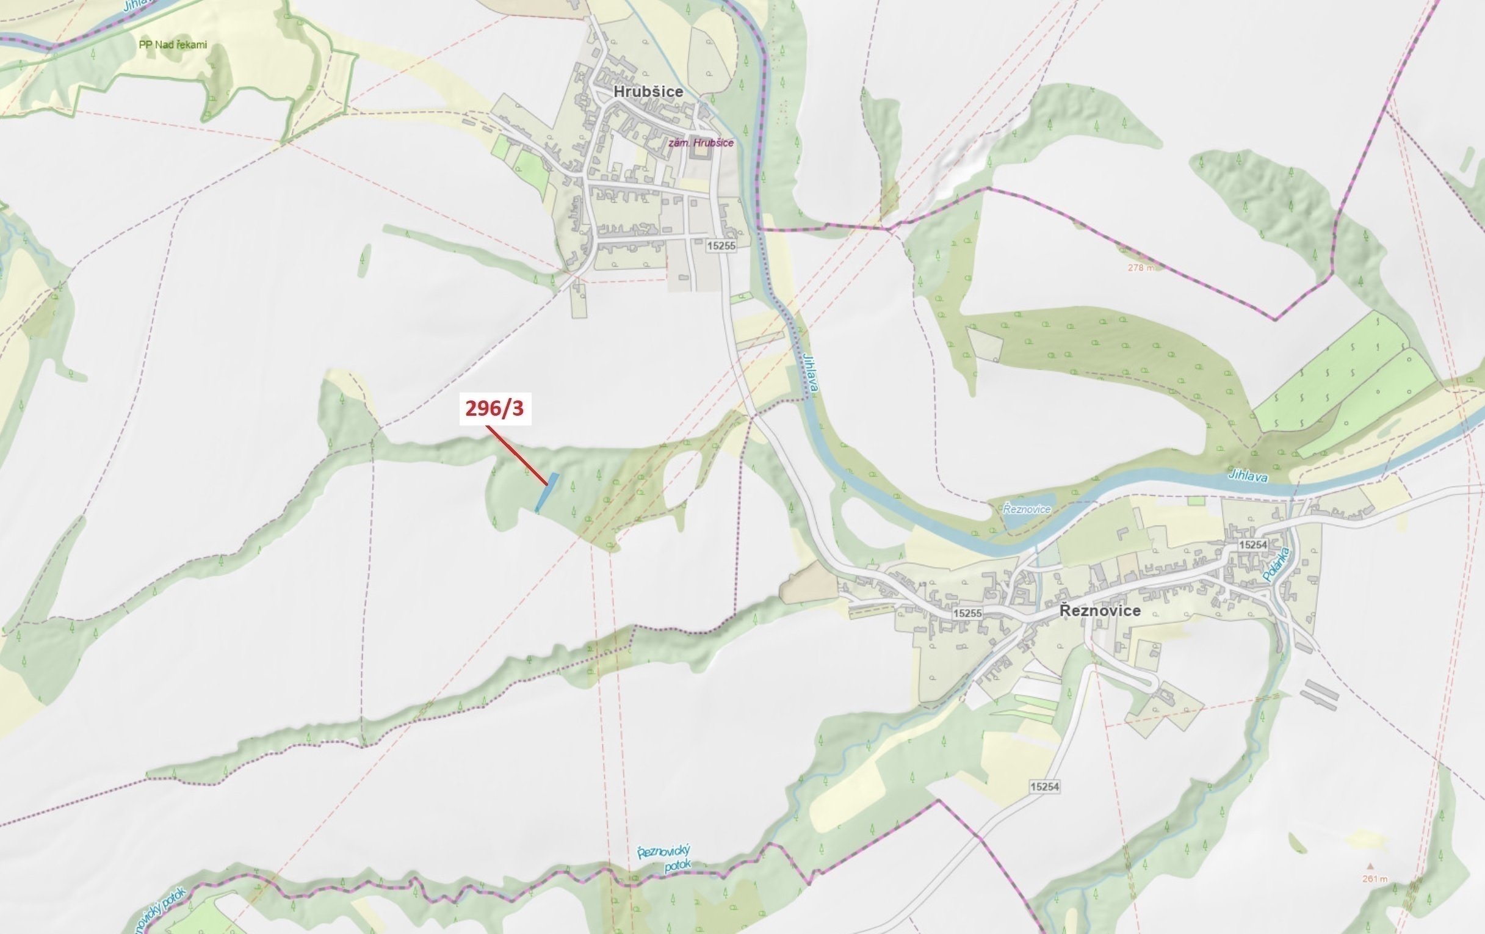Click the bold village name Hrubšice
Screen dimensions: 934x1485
pos(648,92)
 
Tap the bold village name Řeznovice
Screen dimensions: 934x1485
pos(1100,610)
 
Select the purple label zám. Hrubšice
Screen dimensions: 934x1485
pos(701,142)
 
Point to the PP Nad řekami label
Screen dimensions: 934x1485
pos(173,45)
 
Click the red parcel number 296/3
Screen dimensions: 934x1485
pos(494,408)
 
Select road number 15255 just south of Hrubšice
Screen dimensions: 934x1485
pos(721,245)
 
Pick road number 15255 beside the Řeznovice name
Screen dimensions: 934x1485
pos(967,614)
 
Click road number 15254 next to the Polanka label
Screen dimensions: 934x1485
pos(1252,545)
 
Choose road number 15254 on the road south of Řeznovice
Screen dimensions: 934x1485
pos(1044,786)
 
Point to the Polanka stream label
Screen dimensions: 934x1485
pos(1276,565)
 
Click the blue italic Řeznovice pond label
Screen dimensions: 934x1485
pos(1026,509)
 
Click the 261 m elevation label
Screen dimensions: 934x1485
pos(1374,878)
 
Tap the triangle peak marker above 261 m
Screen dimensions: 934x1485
pos(1370,866)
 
